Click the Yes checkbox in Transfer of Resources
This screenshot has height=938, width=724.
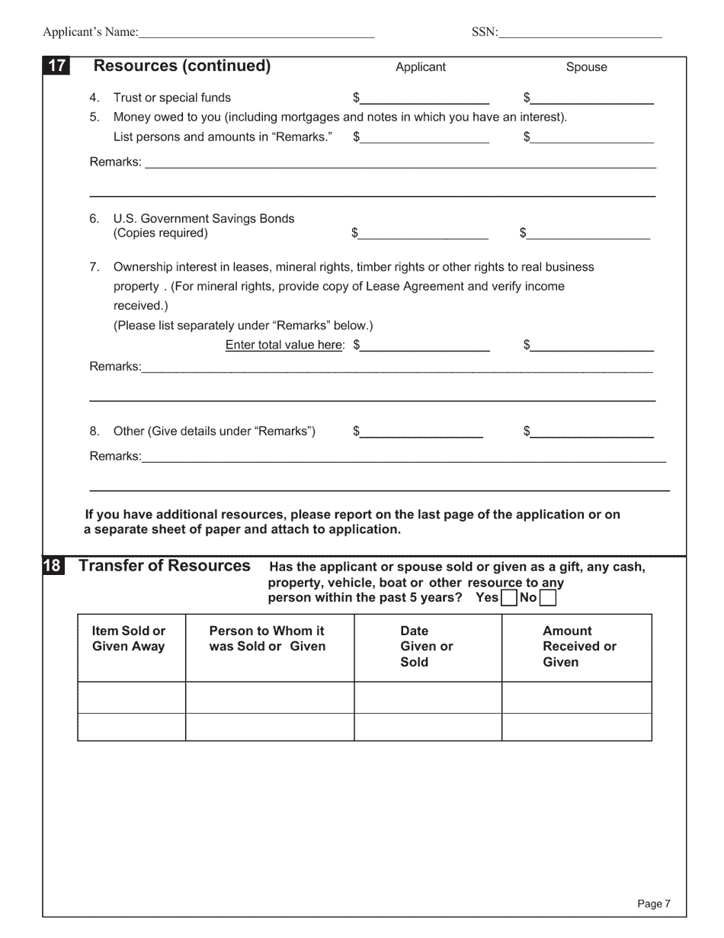(509, 598)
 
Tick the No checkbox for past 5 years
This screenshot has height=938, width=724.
(547, 598)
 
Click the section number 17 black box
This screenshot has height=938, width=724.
(56, 66)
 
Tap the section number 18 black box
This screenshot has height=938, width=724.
(52, 566)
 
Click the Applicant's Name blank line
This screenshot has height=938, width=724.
(257, 33)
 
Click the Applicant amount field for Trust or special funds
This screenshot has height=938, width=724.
(424, 98)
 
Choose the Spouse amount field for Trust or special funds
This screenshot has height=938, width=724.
(592, 98)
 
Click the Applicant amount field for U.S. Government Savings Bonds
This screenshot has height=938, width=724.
(423, 233)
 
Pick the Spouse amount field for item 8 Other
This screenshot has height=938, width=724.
(592, 432)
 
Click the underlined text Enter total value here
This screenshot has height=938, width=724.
(284, 345)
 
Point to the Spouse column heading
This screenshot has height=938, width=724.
(586, 67)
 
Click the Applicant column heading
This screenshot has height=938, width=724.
(420, 67)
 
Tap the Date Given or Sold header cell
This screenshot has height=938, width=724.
(427, 647)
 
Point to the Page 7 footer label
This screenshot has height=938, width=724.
(653, 904)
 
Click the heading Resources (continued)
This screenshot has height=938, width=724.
(181, 66)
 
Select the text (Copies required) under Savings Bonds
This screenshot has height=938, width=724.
(160, 233)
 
